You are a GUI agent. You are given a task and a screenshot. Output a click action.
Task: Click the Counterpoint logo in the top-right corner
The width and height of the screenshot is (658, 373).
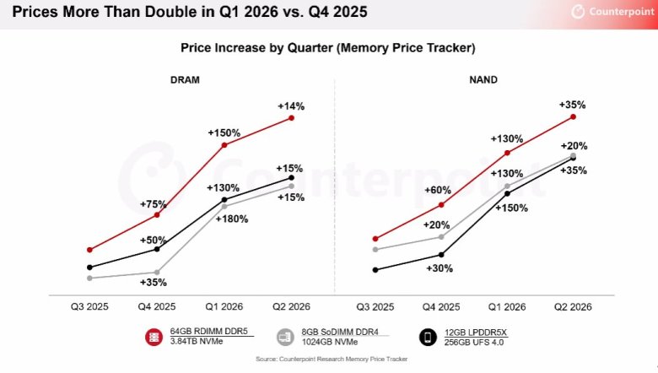(x=606, y=13)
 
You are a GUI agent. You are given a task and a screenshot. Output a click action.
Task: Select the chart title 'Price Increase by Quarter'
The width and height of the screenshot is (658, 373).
(x=327, y=48)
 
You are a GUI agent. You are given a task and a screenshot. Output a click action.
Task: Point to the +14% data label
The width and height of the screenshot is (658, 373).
(x=290, y=106)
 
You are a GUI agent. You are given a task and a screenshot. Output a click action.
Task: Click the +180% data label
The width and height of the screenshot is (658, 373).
(x=231, y=219)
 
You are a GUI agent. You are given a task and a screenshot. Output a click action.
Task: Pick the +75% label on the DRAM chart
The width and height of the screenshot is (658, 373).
(x=153, y=203)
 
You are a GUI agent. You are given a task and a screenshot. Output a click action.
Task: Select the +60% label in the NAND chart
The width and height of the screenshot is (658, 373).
(x=438, y=190)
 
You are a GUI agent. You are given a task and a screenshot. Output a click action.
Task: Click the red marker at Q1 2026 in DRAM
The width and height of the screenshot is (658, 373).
(x=224, y=145)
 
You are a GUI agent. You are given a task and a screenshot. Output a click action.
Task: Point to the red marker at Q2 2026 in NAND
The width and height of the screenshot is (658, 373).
(x=573, y=117)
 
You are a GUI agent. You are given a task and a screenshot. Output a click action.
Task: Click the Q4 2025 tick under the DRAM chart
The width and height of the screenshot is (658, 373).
(x=157, y=306)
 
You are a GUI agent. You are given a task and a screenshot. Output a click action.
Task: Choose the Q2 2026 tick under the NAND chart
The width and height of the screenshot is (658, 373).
(x=573, y=306)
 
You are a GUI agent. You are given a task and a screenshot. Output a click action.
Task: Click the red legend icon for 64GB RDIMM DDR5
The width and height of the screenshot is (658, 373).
(x=154, y=337)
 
